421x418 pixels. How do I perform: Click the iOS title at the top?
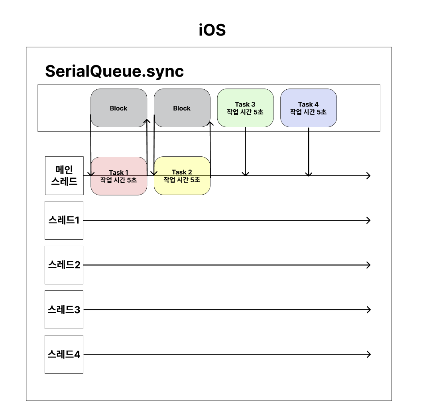point(212,30)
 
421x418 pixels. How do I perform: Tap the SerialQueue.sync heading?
point(114,71)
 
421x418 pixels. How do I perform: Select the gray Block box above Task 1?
point(118,108)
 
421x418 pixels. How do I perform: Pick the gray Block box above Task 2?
point(182,108)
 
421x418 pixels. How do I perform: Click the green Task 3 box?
point(245,108)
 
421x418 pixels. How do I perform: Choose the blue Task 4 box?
point(308,108)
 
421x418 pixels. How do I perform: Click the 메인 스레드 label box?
point(64,176)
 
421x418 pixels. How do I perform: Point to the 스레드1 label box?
point(64,220)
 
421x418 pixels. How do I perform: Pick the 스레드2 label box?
point(64,265)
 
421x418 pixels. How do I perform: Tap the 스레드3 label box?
point(64,310)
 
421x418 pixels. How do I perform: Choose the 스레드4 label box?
point(64,354)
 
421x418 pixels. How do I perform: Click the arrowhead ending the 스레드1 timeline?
point(368,220)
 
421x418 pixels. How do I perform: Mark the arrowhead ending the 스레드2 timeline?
point(368,265)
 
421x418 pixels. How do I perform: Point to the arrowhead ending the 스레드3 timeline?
point(368,310)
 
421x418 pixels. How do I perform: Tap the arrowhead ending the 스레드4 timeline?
point(368,354)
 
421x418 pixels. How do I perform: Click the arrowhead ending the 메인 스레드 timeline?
point(368,176)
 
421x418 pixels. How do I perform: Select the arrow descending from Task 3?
point(246,152)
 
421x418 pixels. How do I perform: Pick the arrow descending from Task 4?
point(309,152)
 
